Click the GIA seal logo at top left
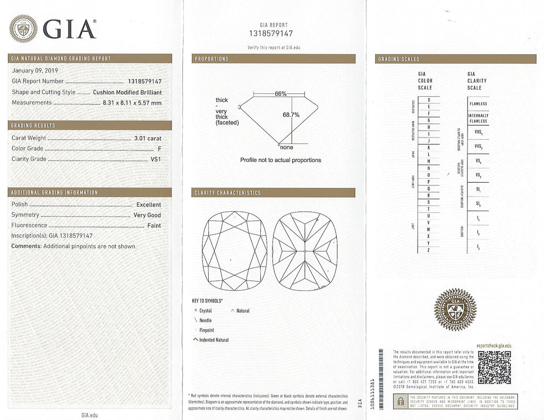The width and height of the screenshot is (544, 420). (23, 29)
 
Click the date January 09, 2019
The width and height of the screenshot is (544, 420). (35, 70)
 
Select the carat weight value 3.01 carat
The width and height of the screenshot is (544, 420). (148, 138)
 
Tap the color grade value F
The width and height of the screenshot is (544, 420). (159, 149)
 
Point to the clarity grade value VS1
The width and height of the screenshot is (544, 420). (156, 159)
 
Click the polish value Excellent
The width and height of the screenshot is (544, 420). (148, 204)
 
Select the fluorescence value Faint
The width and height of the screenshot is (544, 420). (154, 226)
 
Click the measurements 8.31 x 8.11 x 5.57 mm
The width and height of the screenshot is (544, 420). (131, 102)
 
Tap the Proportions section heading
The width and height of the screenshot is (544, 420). (211, 58)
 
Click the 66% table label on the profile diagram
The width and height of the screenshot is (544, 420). (280, 94)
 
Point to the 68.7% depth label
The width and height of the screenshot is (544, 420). (291, 114)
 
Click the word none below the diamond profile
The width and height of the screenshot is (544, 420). (286, 147)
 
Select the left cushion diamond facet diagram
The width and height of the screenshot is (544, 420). (234, 251)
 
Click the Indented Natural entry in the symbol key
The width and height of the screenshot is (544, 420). (214, 340)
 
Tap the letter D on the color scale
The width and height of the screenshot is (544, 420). (429, 100)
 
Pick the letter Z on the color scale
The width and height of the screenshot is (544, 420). (429, 250)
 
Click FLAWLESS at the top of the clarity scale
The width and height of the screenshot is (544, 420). (478, 104)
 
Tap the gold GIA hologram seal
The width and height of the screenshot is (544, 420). (455, 310)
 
